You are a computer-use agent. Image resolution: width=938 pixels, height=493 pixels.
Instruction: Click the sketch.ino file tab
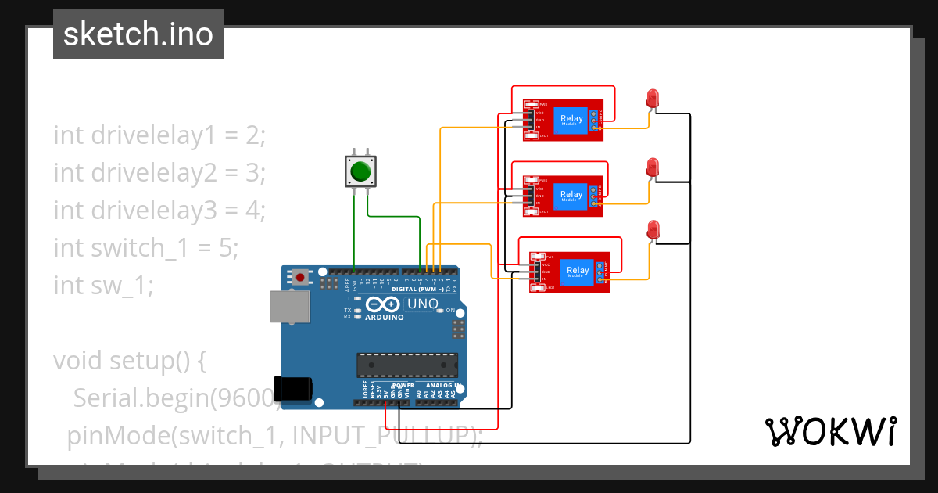pyautogui.click(x=138, y=34)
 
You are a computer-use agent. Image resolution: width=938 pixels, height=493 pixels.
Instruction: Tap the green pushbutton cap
pyautogui.click(x=360, y=171)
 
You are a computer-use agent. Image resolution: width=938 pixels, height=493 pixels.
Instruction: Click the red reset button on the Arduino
pyautogui.click(x=300, y=276)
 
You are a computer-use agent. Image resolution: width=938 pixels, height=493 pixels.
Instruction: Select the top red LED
pyautogui.click(x=653, y=98)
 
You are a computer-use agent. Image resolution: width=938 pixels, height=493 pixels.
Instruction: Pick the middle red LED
pyautogui.click(x=653, y=167)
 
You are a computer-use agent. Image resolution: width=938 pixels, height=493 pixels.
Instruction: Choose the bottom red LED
pyautogui.click(x=653, y=229)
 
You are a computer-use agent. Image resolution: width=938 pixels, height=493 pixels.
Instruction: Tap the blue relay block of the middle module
pyautogui.click(x=571, y=196)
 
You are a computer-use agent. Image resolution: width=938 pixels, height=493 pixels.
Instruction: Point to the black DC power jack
pyautogui.click(x=293, y=390)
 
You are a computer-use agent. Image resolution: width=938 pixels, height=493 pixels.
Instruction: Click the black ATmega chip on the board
pyautogui.click(x=406, y=365)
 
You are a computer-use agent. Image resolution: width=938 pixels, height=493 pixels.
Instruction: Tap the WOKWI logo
pyautogui.click(x=830, y=431)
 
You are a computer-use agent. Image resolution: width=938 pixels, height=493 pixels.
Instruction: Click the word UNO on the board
pyautogui.click(x=423, y=304)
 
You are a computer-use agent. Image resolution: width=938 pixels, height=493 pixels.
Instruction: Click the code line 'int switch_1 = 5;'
pyautogui.click(x=145, y=248)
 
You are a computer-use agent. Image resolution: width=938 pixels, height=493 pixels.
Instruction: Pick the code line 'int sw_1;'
pyautogui.click(x=104, y=286)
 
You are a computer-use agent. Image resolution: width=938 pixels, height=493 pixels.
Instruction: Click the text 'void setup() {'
pyautogui.click(x=129, y=361)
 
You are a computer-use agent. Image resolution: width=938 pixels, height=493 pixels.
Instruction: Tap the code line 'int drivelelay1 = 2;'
pyautogui.click(x=160, y=135)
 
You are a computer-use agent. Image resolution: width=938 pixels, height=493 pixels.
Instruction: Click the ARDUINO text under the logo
pyautogui.click(x=384, y=317)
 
